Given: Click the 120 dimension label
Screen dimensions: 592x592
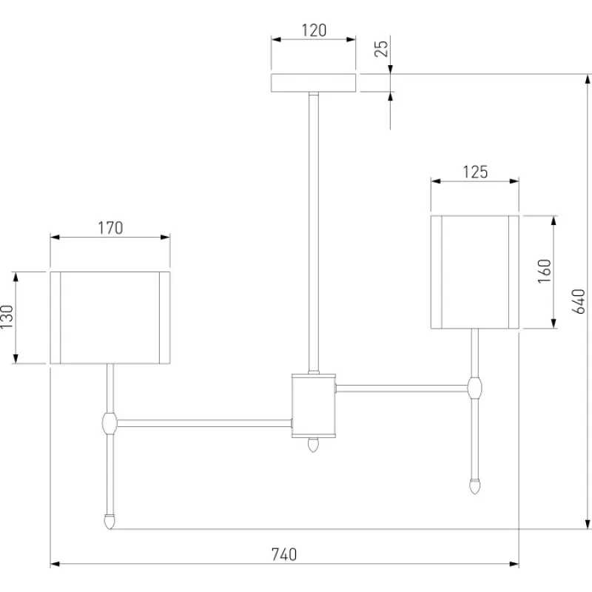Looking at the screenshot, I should pos(314,31).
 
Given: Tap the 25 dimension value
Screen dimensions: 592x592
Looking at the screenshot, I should pos(381,49).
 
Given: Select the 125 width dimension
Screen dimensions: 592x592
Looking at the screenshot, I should pos(474,172).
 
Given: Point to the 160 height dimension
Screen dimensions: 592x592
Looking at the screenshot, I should pos(544,272).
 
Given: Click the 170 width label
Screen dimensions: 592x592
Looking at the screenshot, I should pos(110,228).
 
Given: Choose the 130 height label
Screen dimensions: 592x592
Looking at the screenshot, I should pos(7,317).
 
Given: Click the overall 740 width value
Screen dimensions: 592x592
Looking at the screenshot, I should pos(283,554).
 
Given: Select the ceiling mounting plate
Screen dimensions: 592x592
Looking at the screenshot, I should pos(314,82).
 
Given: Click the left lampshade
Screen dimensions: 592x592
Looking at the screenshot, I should pos(110,317).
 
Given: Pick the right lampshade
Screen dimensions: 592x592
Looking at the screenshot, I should pos(474,272).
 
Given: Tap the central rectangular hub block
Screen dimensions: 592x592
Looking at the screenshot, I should pos(314,405).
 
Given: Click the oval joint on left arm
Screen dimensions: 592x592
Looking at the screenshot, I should pos(110,423).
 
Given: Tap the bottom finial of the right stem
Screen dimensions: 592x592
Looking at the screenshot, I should pos(474,485).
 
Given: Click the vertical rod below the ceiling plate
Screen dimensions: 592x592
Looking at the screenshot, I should pos(314,229).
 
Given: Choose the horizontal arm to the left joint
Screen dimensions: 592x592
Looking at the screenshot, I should pos(203,423).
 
